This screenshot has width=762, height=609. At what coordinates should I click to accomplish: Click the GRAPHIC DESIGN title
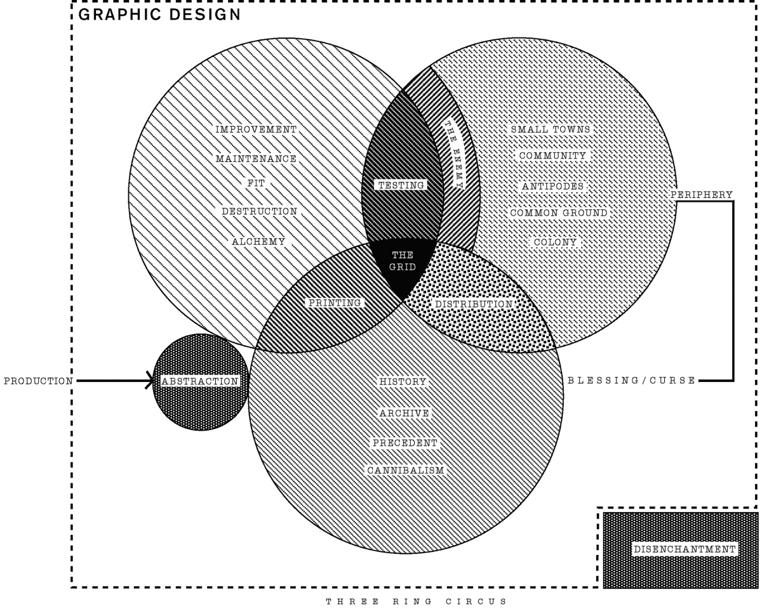[159, 15]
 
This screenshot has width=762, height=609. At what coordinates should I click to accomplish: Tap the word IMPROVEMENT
[256, 129]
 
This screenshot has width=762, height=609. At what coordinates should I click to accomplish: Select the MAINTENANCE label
[256, 159]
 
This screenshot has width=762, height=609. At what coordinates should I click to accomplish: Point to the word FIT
[256, 183]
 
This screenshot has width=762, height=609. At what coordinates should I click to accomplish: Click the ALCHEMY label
[258, 242]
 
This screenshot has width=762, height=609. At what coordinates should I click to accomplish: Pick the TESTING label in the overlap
[401, 185]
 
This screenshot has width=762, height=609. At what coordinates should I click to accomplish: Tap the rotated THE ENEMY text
[454, 154]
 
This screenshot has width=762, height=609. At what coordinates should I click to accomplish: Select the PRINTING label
[335, 303]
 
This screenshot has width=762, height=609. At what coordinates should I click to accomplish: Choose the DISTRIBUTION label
[474, 304]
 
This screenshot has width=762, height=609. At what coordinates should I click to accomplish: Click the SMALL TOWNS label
[551, 129]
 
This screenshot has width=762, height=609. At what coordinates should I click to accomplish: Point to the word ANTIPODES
[552, 187]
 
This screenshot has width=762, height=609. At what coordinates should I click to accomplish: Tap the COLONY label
[555, 242]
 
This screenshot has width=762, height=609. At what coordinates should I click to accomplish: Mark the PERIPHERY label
[701, 195]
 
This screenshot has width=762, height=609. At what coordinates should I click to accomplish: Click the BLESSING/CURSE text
[631, 381]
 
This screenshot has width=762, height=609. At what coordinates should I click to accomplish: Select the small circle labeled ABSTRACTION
[201, 382]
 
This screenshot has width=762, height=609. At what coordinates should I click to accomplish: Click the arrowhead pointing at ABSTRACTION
[150, 381]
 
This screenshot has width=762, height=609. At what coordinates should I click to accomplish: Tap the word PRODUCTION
[38, 381]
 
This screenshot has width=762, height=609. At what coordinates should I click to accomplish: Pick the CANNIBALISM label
[405, 471]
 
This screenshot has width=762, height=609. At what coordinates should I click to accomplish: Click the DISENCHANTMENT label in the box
[685, 549]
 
